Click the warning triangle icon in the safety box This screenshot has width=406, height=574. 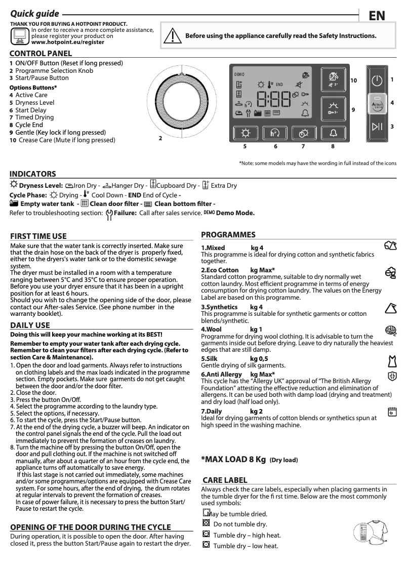click(172, 36)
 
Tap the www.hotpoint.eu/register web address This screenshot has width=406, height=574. click(68, 43)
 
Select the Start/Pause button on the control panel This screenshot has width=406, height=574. click(377, 127)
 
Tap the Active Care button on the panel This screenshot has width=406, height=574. click(377, 103)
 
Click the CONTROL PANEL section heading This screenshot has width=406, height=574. click(41, 54)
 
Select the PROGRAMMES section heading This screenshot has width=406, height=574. click(228, 235)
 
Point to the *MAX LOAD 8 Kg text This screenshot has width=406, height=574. click(233, 460)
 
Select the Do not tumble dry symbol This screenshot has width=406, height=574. click(206, 523)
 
